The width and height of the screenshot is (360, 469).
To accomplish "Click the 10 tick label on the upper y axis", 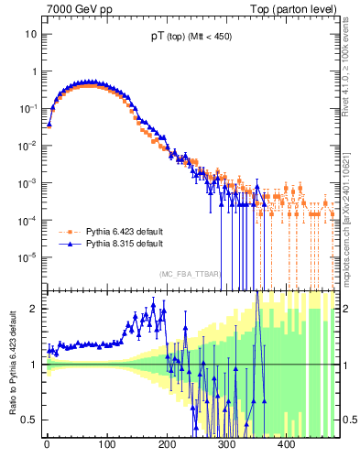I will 31,34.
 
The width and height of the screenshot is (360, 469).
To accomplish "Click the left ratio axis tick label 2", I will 35,308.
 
